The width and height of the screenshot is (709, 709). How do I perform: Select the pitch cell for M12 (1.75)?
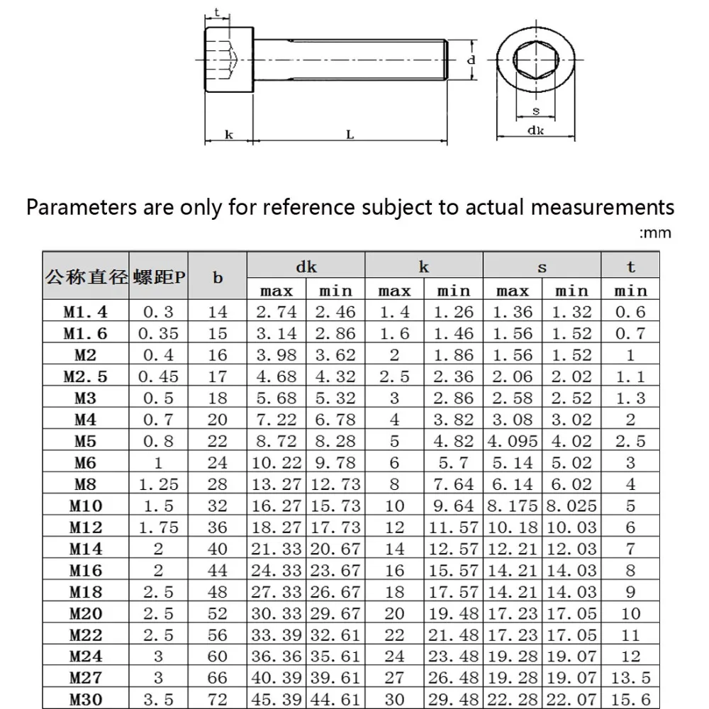[x=158, y=527]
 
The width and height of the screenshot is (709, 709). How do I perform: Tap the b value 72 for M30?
[x=218, y=698]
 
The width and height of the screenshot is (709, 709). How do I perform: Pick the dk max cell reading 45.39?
[x=276, y=698]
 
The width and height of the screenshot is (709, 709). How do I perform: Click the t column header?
[x=630, y=267]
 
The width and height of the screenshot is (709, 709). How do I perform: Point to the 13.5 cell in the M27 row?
[x=630, y=677]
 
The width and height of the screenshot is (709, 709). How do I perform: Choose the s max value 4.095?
[x=513, y=442]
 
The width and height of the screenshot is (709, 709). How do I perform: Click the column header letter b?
[x=218, y=278]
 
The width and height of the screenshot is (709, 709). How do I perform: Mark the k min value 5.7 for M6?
[x=453, y=464]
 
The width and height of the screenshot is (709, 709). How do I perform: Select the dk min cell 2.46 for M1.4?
[x=335, y=311]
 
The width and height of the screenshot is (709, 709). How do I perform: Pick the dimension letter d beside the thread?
[x=470, y=61]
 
